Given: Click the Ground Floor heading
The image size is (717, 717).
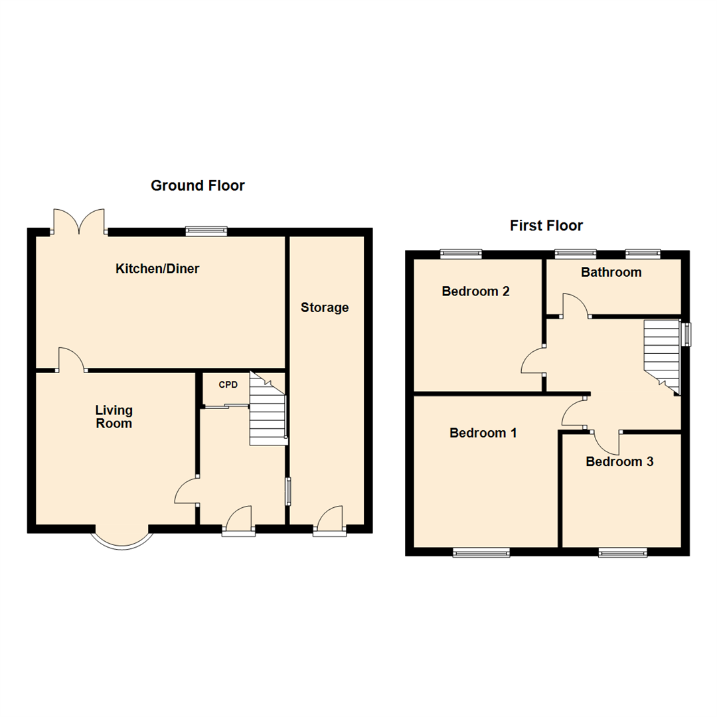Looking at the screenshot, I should click(x=198, y=185).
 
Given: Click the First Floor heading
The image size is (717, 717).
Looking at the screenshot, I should click(x=546, y=226).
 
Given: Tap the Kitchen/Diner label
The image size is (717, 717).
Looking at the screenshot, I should click(x=158, y=269).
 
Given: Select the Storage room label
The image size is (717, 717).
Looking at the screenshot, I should click(x=325, y=307).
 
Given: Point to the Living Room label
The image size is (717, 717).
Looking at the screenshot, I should click(x=114, y=416).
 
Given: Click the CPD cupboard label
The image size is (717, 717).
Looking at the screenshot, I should click(x=228, y=384).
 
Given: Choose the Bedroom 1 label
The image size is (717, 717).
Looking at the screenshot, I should click(x=483, y=433).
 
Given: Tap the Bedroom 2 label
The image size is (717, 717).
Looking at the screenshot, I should click(x=476, y=291).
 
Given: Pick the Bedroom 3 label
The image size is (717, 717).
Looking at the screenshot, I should click(x=619, y=461).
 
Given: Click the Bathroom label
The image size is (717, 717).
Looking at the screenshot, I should click(x=611, y=272).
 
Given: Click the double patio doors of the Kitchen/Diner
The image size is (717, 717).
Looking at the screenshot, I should click(x=79, y=222).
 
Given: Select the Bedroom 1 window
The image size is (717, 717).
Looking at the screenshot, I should click(x=481, y=552).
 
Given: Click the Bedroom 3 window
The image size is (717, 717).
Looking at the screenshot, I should click(x=622, y=552).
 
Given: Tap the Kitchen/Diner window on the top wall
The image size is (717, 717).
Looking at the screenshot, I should click(x=206, y=231).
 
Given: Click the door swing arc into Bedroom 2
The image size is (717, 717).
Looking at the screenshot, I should click(x=532, y=362).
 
